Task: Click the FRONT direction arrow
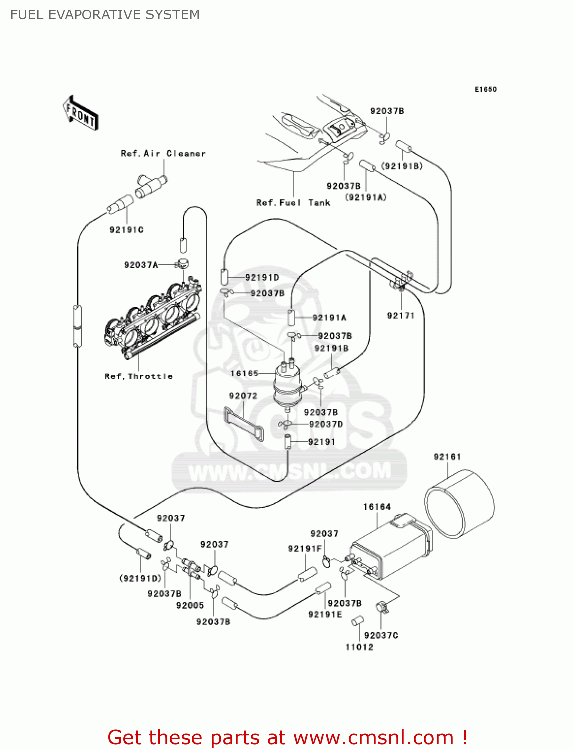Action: [80, 113]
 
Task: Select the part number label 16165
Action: [244, 373]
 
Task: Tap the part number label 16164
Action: [377, 507]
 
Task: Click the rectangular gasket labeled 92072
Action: [244, 424]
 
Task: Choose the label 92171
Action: [401, 315]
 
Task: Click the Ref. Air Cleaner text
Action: [163, 153]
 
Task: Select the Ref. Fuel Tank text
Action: [293, 203]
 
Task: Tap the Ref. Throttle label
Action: [139, 376]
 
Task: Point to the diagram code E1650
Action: [485, 89]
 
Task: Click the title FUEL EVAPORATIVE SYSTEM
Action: [105, 15]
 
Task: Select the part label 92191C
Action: [127, 230]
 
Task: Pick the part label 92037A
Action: [141, 265]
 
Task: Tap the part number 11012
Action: [359, 647]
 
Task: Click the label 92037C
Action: [381, 635]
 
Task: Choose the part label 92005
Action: [190, 605]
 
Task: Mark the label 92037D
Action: [326, 424]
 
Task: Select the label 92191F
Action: [305, 548]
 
